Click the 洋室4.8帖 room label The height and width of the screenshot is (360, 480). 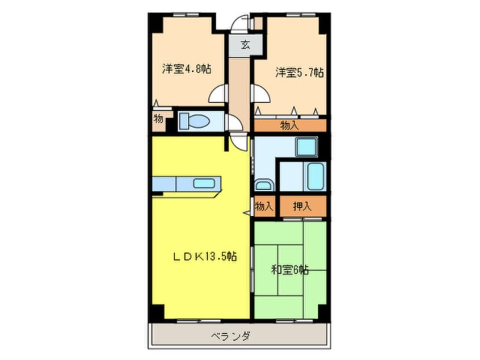coord(187,69)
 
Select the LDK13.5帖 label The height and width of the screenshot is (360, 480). coord(204,257)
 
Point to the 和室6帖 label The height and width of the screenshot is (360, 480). coord(289,270)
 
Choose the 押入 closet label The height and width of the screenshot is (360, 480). coord(302,207)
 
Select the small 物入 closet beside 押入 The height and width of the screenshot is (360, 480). coord(264,207)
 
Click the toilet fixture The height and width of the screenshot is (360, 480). coord(195,121)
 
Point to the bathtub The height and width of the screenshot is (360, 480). coord(314,177)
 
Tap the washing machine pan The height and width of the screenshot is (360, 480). coord(306,147)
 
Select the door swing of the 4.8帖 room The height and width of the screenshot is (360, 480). coord(219,94)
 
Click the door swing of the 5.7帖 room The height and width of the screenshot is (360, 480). coord(259,94)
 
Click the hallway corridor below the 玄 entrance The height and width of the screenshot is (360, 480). coord(239,85)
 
